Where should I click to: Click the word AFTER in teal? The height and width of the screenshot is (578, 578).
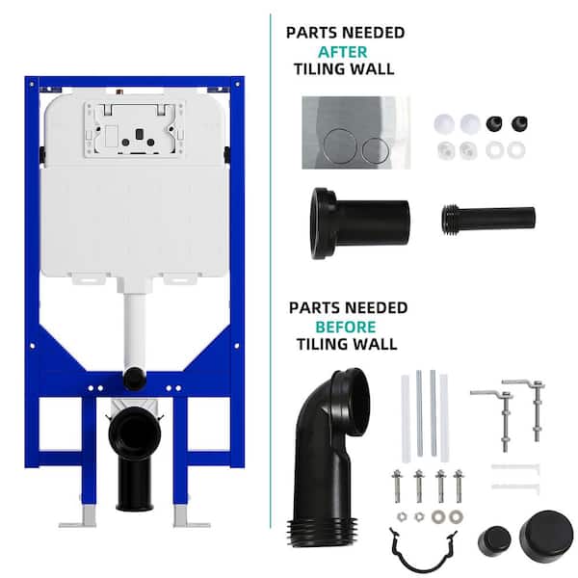click(342, 52)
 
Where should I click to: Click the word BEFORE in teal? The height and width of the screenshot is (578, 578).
click(346, 327)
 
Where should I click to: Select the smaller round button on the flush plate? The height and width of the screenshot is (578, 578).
click(376, 150)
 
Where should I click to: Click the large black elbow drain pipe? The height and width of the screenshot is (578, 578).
click(325, 460)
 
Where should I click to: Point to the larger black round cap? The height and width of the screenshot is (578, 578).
click(546, 534)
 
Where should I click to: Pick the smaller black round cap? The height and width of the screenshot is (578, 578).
click(494, 541)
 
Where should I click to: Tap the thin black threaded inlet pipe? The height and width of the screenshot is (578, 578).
click(488, 219)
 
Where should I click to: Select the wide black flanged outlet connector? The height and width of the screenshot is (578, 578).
click(359, 223)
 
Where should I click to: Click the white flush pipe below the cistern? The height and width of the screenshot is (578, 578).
click(135, 328)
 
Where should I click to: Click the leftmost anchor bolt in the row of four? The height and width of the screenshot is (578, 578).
click(397, 486)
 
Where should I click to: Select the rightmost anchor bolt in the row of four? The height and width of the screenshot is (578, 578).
click(459, 486)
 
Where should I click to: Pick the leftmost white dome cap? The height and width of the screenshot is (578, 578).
click(444, 123)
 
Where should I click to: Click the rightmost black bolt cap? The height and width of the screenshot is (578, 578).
click(519, 124)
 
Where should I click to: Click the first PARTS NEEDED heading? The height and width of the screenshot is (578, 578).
click(346, 33)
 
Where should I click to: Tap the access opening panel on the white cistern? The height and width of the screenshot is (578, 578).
click(134, 129)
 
